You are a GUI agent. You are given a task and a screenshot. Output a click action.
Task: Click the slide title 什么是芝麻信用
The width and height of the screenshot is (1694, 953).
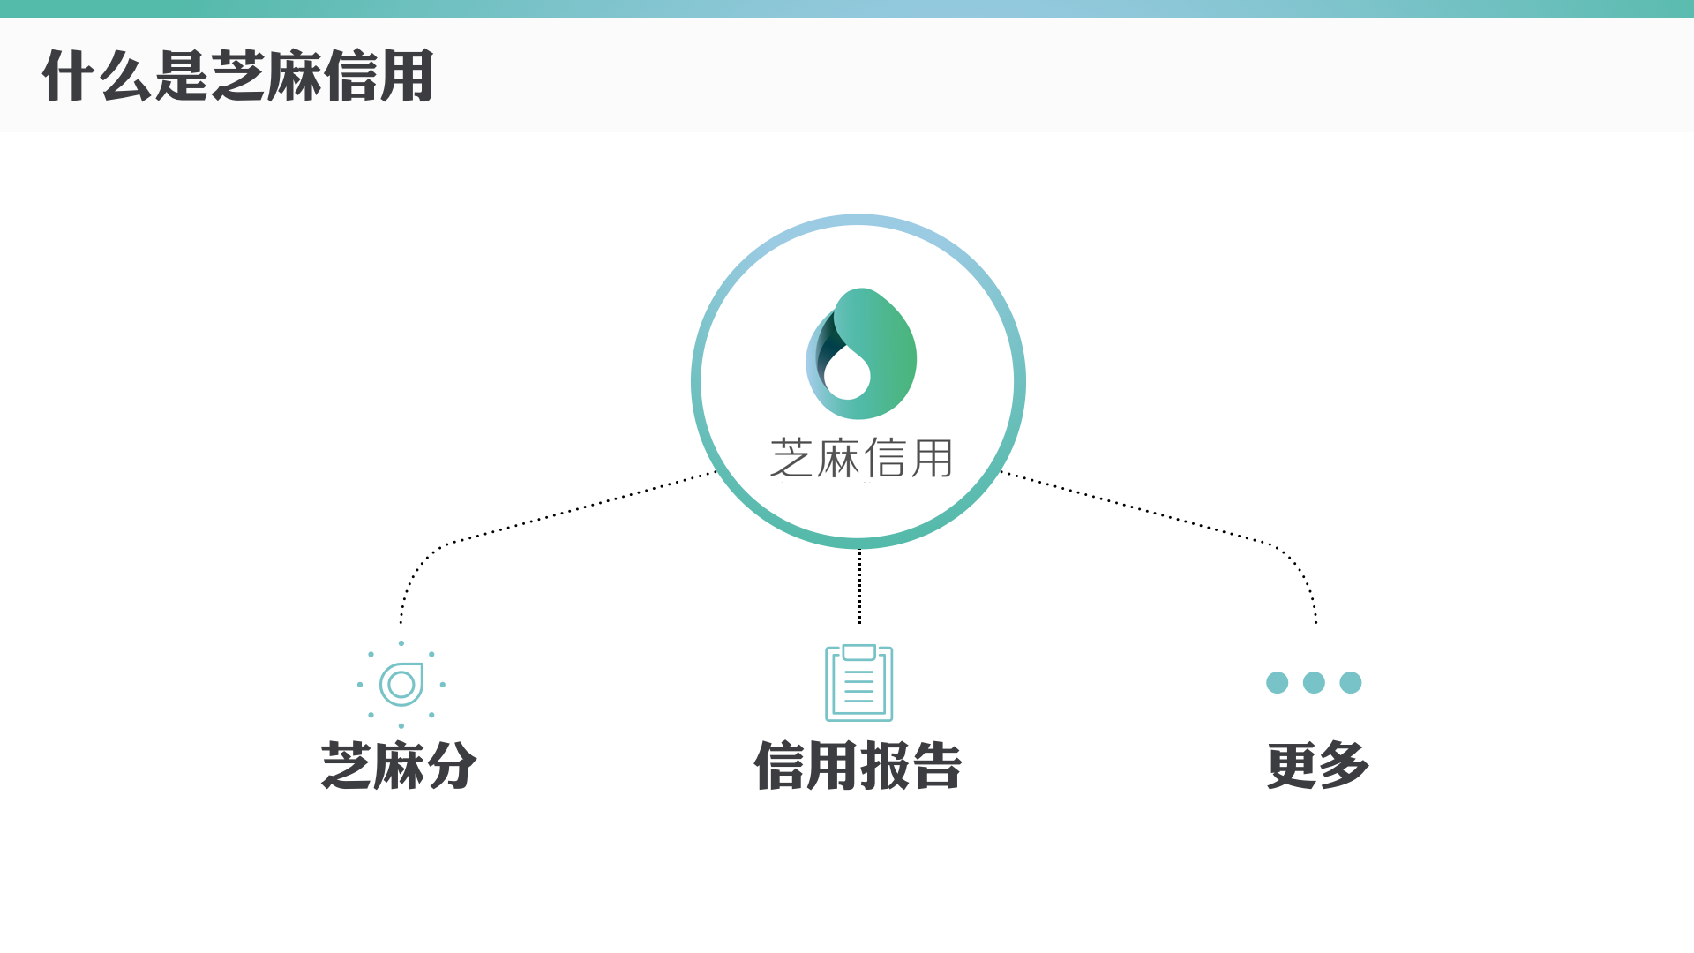[238, 76]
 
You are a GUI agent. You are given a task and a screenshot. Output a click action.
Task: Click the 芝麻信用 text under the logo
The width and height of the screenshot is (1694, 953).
[861, 459]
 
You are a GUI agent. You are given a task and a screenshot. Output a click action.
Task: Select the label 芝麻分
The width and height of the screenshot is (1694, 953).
[399, 765]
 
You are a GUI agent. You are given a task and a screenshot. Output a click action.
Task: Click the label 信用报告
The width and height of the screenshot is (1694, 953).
[858, 765]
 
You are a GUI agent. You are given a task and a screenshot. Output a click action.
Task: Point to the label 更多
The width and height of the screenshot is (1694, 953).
[1318, 765]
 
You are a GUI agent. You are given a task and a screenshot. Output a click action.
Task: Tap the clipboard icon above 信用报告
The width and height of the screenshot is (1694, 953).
[858, 684]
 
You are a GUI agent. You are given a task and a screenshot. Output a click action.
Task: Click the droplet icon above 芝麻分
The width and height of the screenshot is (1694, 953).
[401, 684]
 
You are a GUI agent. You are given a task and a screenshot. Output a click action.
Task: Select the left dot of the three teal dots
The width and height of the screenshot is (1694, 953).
[1277, 682]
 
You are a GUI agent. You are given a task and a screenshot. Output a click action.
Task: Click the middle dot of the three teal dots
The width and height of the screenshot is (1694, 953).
[1314, 682]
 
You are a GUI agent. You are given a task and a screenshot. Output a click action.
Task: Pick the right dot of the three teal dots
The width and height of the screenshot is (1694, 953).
[1351, 682]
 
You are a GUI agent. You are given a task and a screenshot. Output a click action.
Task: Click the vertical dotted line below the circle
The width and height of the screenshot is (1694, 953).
[859, 587]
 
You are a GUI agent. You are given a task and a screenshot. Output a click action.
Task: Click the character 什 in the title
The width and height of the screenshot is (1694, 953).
[68, 76]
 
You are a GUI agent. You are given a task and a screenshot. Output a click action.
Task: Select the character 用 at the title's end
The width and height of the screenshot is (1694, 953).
[406, 76]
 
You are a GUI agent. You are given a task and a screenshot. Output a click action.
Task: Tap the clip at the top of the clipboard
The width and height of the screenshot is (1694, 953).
[858, 653]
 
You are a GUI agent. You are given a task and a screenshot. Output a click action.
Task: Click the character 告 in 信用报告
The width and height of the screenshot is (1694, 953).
[937, 765]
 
